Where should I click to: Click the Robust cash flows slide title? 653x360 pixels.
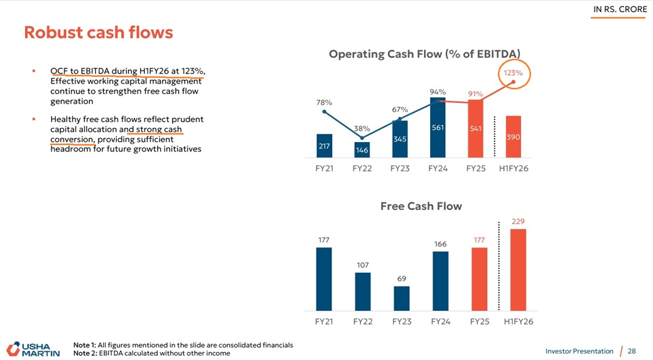click(98, 32)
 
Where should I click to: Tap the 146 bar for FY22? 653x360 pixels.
click(362, 150)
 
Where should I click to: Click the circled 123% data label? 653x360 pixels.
click(513, 74)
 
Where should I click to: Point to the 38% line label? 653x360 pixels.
click(362, 129)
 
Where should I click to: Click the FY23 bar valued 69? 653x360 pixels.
click(401, 298)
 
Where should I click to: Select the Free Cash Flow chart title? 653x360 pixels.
click(421, 206)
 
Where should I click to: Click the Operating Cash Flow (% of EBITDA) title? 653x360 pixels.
click(424, 55)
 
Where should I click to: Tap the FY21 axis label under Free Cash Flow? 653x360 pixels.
click(324, 321)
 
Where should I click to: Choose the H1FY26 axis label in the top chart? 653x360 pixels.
click(513, 168)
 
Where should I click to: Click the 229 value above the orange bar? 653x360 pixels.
click(518, 221)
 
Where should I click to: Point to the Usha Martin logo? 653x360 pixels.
click(33, 349)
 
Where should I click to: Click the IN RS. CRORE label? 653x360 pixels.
click(620, 9)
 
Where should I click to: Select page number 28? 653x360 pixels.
click(632, 351)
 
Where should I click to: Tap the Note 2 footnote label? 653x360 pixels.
click(84, 353)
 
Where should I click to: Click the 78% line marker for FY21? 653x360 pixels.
click(324, 112)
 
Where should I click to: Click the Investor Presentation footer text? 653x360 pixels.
click(579, 351)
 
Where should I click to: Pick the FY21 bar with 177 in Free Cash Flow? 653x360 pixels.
click(324, 278)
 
